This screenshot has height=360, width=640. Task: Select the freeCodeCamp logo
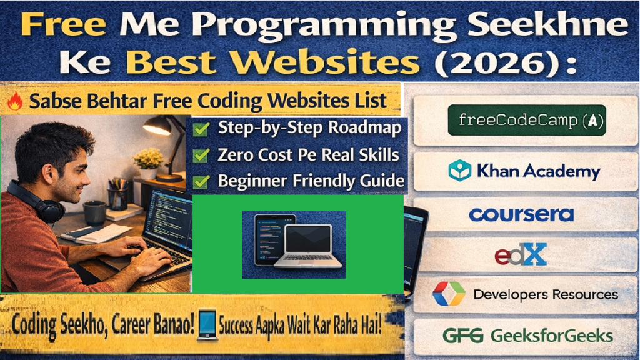point(526,121)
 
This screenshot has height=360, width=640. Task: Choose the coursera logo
point(521,214)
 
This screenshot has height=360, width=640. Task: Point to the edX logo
point(520,254)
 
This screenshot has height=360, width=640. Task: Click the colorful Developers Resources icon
point(449,294)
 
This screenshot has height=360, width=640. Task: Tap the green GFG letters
point(462,336)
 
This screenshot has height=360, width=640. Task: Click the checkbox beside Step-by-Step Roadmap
point(201,129)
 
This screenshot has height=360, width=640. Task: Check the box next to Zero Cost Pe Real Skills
point(201,155)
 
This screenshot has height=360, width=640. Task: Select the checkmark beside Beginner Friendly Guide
point(201,182)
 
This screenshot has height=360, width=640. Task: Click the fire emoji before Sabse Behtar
point(15,101)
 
